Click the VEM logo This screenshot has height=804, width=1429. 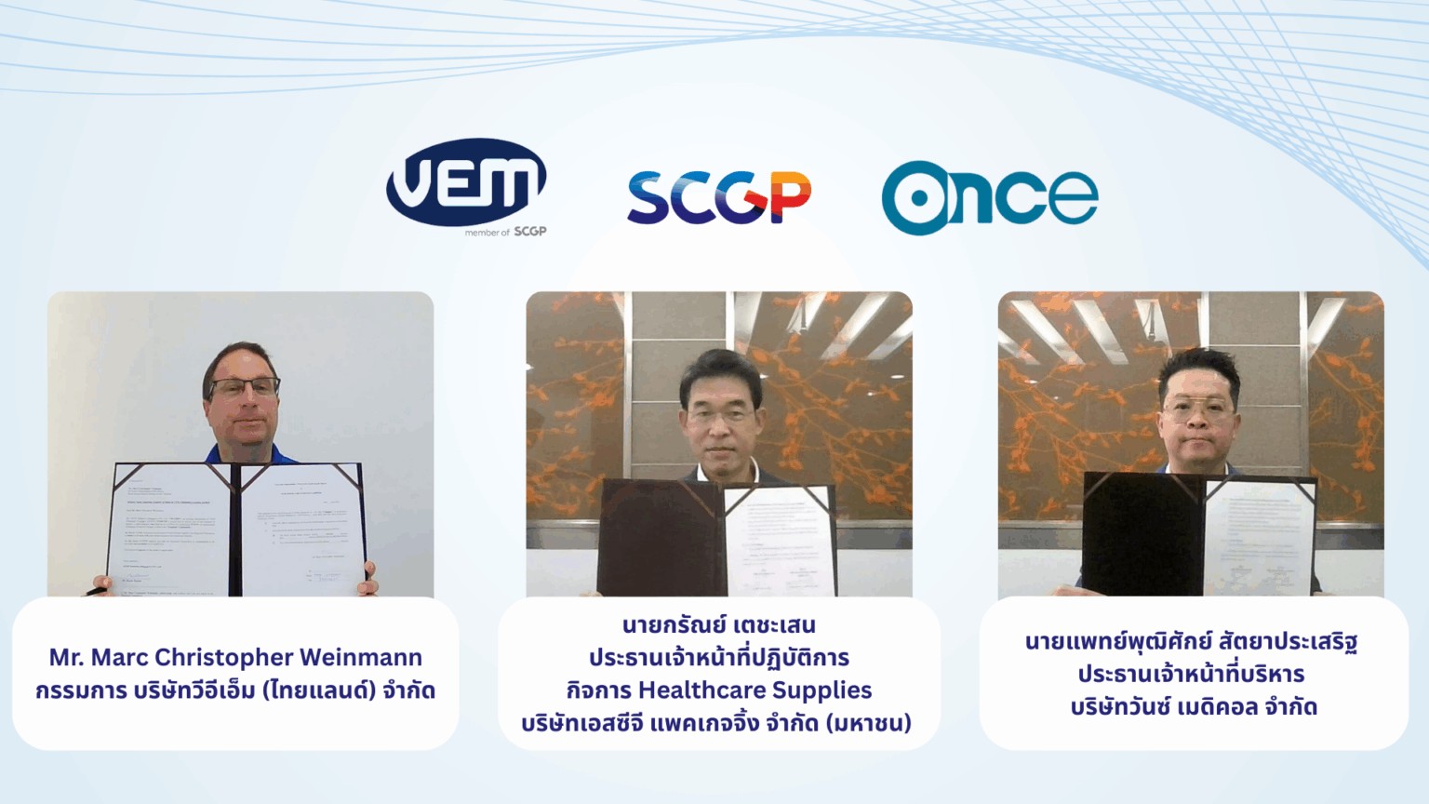466,182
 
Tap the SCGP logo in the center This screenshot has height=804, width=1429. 718,197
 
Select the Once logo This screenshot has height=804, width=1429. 990,197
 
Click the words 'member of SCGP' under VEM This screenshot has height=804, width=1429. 505,232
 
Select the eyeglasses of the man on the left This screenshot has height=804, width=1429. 244,388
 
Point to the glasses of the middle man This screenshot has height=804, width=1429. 721,416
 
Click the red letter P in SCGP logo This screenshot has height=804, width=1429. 791,197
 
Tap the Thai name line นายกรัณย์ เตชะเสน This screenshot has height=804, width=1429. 718,625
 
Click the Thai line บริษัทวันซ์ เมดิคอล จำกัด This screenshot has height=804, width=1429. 1194,707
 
